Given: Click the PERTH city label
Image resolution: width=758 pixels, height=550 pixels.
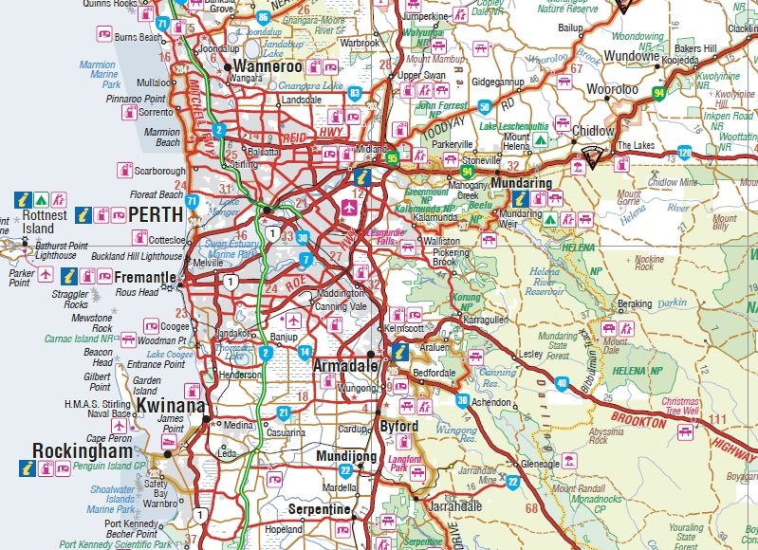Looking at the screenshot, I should (156, 214).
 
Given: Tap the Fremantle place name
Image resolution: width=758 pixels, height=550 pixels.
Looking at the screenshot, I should (144, 278).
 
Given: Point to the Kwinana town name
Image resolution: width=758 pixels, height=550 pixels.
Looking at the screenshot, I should (170, 406).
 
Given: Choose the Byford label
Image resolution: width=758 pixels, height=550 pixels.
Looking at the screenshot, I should (399, 427).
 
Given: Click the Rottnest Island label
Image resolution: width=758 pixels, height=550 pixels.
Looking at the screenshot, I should (46, 222).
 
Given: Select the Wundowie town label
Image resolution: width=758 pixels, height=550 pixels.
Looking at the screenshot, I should (631, 56).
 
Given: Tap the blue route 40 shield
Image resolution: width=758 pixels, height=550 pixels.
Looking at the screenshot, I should (562, 383).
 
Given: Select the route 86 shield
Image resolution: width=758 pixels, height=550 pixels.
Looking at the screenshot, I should (263, 16).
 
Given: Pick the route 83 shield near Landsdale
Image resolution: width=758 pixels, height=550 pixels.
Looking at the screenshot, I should (354, 92).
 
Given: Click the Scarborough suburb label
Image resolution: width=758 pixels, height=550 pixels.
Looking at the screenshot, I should (161, 172).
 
